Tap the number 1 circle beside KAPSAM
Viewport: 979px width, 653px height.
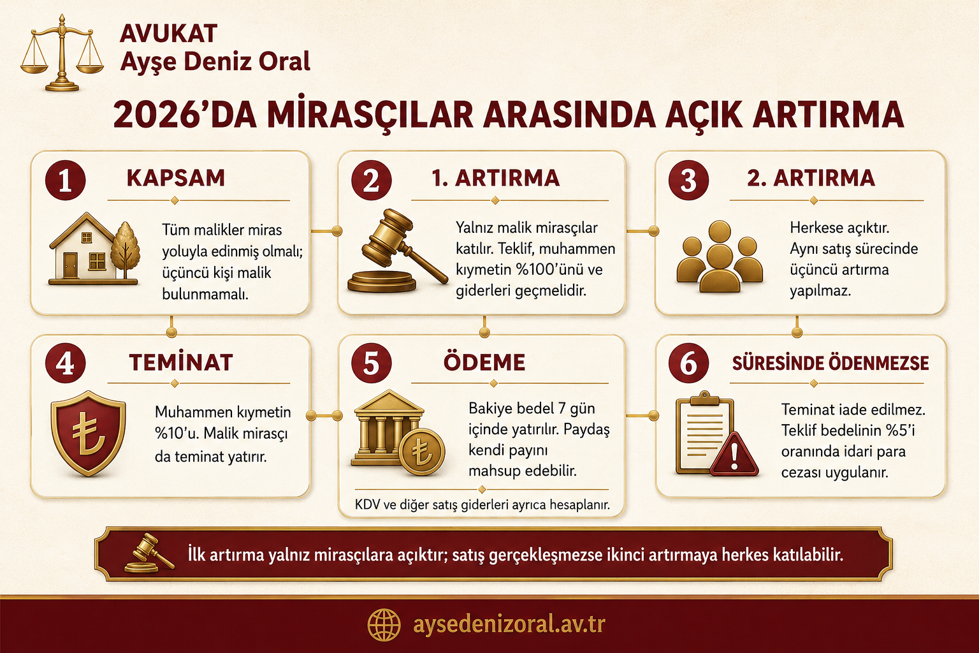[65, 180]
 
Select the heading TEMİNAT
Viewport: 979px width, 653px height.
[181, 363]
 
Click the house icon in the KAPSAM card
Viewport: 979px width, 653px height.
[83, 247]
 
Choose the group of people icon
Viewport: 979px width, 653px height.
[720, 256]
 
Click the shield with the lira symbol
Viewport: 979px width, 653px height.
[89, 432]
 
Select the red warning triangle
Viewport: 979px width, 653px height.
[734, 455]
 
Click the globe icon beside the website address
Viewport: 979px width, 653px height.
[384, 625]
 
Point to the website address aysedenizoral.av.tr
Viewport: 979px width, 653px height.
[509, 624]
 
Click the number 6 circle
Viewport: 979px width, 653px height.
[688, 363]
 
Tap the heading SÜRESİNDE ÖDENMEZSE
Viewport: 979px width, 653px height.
[830, 363]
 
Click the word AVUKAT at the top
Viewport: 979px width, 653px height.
[168, 34]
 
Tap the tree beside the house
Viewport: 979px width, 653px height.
[126, 250]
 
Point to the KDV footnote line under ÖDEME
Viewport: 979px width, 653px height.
[482, 505]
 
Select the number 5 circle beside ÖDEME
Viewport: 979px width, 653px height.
[371, 363]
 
